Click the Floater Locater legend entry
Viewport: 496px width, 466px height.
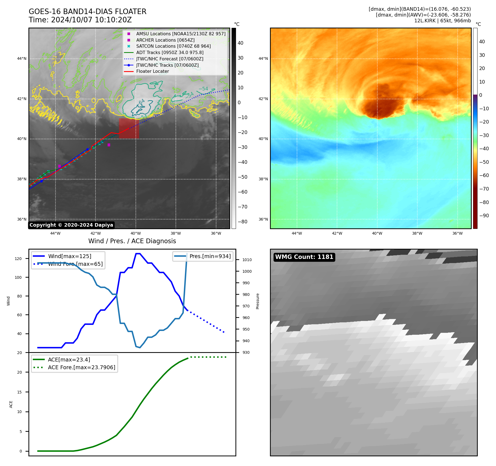point(152,71)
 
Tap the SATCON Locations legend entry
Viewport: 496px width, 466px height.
point(173,46)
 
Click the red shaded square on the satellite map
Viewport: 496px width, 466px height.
point(129,128)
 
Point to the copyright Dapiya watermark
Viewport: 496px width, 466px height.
point(71,225)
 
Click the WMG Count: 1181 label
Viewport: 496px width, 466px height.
point(304,257)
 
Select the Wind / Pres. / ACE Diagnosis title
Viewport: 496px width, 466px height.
point(132,241)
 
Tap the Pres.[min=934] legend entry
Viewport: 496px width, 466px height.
point(210,256)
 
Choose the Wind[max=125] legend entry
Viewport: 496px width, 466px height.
point(70,256)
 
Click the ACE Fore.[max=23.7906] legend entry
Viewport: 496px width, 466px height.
point(81,368)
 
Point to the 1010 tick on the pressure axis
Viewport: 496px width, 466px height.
point(247,260)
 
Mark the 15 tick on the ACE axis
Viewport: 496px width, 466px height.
point(19,392)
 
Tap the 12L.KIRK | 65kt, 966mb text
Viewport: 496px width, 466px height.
point(442,21)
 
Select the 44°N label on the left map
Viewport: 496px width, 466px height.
point(22,58)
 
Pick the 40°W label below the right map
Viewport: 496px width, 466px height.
point(377,233)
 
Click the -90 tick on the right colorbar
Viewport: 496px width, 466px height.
point(484,216)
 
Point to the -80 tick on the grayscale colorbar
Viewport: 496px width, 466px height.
point(242,222)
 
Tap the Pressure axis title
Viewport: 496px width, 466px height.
point(258,301)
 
